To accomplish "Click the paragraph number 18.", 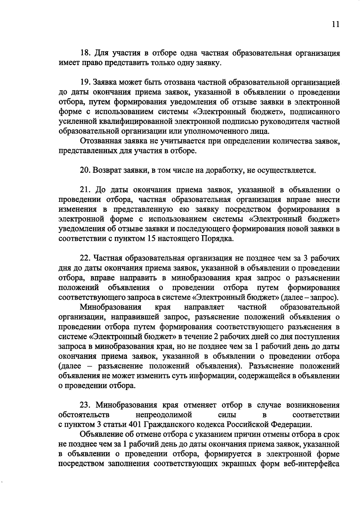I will click(85, 53).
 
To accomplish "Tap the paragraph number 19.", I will click(85, 82).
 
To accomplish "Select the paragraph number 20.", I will click(85, 170).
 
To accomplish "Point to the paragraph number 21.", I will click(85, 190).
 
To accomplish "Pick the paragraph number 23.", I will click(85, 405).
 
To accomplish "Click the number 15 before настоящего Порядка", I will click(152, 239).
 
